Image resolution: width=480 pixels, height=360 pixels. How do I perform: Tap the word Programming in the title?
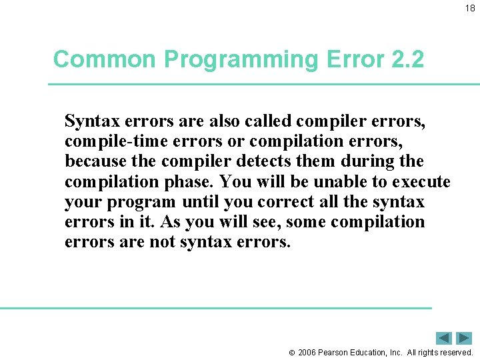tap(241, 60)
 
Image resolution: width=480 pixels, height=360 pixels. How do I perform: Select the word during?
tap(367, 161)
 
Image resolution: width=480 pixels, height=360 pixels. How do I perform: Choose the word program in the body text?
tap(142, 202)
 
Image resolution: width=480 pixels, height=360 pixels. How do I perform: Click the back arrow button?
tap(445, 338)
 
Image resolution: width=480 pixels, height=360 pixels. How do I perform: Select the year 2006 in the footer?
tap(307, 352)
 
